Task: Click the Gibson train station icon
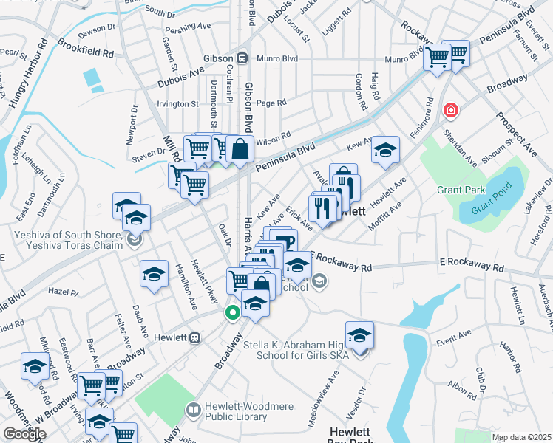point(242,58)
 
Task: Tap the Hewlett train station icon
point(195,337)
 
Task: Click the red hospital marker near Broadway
point(449,111)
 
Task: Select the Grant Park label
point(461,190)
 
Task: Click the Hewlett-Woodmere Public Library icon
point(193,409)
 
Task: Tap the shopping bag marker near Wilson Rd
point(240,149)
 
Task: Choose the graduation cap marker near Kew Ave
point(385,151)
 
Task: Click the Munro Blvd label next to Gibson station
point(276,58)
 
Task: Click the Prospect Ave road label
point(516,133)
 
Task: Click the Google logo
point(24,434)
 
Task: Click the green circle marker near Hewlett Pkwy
point(232,312)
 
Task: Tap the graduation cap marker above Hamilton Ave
point(154,274)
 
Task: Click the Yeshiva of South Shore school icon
point(134,238)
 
